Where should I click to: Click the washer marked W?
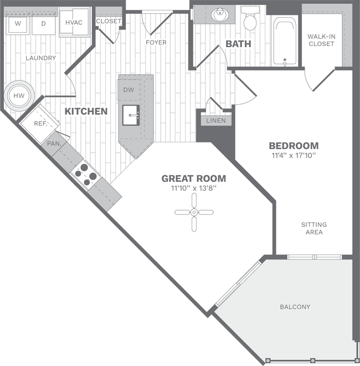pyautogui.click(x=18, y=23)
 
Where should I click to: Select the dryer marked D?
pyautogui.click(x=43, y=23)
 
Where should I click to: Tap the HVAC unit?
pyautogui.click(x=74, y=23)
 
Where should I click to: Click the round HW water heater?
pyautogui.click(x=19, y=96)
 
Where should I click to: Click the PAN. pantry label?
pyautogui.click(x=54, y=143)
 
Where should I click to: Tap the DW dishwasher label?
pyautogui.click(x=128, y=90)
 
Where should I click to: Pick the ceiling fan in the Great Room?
pyautogui.click(x=194, y=212)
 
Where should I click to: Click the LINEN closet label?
pyautogui.click(x=216, y=120)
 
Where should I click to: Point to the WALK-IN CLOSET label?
pyautogui.click(x=321, y=40)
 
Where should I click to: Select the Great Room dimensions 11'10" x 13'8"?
pyautogui.click(x=193, y=188)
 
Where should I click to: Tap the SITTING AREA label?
pyautogui.click(x=314, y=228)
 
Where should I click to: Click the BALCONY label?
pyautogui.click(x=295, y=307)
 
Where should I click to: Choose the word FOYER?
pyautogui.click(x=156, y=43)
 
